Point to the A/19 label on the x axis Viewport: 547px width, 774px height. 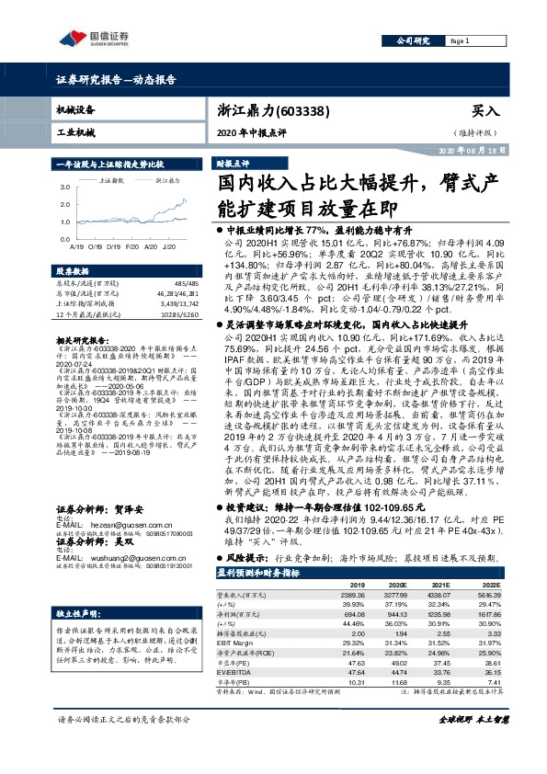tap(75, 247)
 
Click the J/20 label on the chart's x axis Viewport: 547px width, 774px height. tap(169, 247)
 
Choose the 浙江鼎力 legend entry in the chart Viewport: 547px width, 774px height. tap(167, 181)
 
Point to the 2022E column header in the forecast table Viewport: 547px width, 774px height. tap(490, 584)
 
